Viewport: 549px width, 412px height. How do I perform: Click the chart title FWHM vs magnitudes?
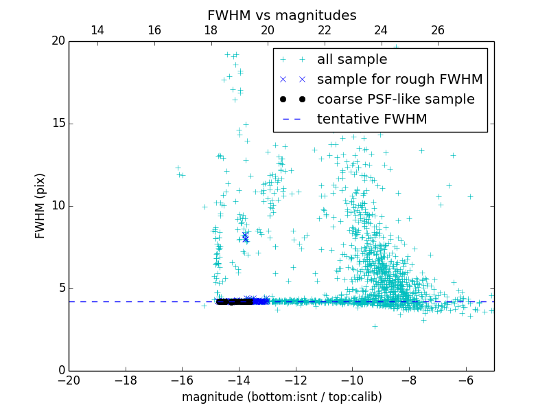(281, 15)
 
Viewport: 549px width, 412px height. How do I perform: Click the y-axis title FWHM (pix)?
(40, 206)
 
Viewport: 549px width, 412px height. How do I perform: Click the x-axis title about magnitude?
(281, 397)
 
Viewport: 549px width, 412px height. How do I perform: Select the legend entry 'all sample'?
(352, 60)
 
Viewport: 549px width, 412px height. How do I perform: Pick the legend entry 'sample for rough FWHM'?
(399, 80)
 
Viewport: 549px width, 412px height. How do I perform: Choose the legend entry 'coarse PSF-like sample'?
(395, 100)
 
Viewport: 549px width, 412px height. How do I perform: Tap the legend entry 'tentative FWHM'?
(371, 119)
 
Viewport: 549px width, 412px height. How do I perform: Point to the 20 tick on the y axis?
(58, 41)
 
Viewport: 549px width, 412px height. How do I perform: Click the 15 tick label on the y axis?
(58, 124)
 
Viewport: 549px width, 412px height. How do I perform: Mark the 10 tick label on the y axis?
(58, 206)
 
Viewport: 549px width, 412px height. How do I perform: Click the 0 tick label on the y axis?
(60, 371)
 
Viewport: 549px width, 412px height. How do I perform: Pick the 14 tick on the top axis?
(97, 30)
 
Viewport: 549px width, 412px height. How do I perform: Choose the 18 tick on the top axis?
(211, 30)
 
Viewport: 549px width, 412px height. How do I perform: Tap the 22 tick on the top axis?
(325, 30)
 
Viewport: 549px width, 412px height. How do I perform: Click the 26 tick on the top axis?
(438, 30)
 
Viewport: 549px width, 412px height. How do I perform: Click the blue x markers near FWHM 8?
(245, 238)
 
